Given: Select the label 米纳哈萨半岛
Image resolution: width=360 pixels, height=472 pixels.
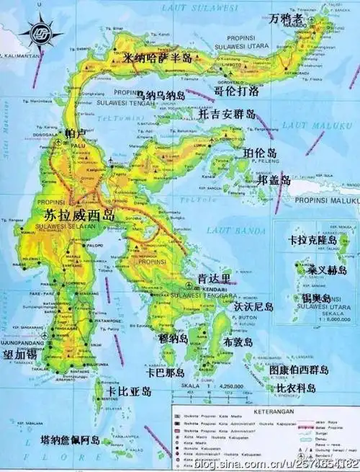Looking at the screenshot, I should click(158, 58).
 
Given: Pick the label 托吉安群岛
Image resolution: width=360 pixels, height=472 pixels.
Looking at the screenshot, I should click(226, 114).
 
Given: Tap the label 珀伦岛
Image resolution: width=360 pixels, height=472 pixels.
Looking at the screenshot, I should click(261, 153).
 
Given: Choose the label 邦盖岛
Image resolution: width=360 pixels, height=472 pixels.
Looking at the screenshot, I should click(268, 179).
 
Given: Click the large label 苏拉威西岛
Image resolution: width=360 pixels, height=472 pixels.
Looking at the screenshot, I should click(79, 215).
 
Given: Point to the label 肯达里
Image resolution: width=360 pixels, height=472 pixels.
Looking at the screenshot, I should click(215, 278).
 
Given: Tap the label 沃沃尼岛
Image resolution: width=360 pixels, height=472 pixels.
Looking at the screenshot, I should click(253, 306).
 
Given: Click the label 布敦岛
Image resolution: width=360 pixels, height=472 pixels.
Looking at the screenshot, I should click(238, 342).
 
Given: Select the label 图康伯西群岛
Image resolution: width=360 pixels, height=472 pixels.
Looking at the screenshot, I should click(298, 370).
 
